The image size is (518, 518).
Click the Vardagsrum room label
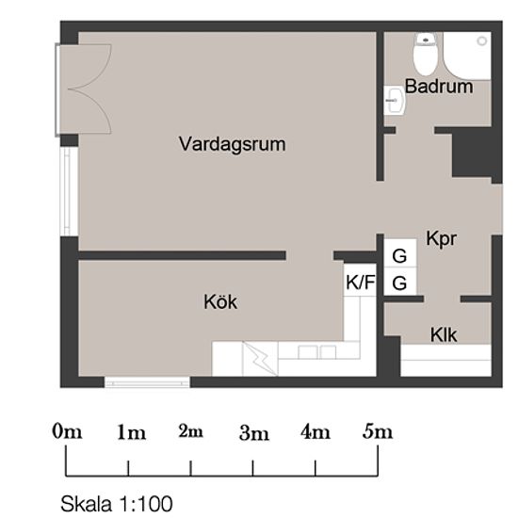click(x=233, y=144)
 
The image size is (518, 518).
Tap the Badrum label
click(x=439, y=87)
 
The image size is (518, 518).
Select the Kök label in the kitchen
click(x=220, y=301)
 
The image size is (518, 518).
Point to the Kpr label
click(x=442, y=238)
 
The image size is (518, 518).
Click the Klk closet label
click(x=444, y=334)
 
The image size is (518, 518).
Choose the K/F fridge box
click(x=360, y=280)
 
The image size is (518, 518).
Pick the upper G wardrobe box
click(x=399, y=252)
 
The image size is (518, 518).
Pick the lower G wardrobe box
click(x=399, y=281)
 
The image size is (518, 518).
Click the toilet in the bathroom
click(x=426, y=55)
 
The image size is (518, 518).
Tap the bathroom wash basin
click(x=395, y=101)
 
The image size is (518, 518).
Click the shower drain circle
click(x=482, y=40)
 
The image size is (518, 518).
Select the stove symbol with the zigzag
click(x=260, y=359)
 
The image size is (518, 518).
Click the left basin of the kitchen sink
click(x=308, y=352)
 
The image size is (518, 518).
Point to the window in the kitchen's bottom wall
click(x=147, y=381)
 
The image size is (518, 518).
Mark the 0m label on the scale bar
click(x=67, y=431)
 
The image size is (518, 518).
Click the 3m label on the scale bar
click(x=254, y=433)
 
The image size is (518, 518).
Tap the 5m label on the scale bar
click(x=378, y=431)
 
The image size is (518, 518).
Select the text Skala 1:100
click(x=116, y=504)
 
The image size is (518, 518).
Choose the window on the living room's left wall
click(x=69, y=191)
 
